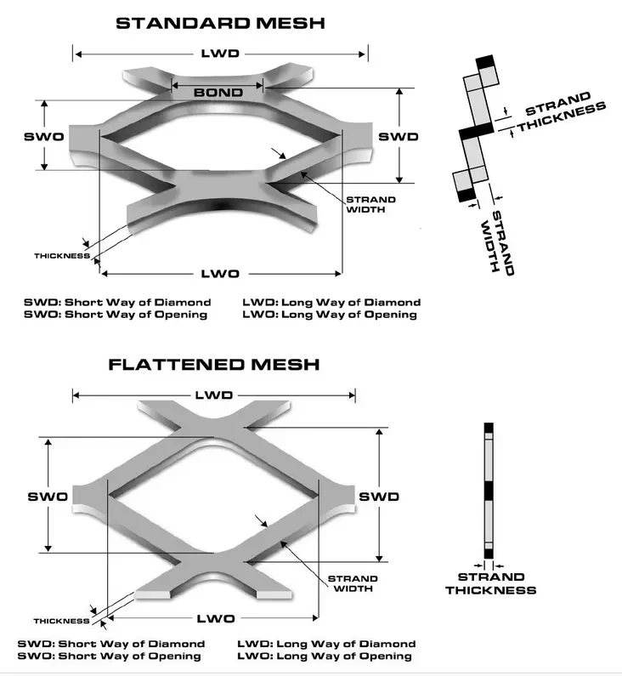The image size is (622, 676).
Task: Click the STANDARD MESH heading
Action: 220,23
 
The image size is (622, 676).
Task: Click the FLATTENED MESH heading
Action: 213,365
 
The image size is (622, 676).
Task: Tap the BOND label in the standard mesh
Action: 218,92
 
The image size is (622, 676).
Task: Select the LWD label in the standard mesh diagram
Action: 219,53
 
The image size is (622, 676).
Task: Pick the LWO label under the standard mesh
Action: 219,273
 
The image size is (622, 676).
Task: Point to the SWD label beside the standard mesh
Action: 399,137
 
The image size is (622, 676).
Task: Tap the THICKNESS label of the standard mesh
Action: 61,255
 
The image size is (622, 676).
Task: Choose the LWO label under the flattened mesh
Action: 216,618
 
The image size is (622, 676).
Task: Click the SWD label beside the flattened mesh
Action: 378,496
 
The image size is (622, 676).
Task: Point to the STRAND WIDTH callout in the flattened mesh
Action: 352,583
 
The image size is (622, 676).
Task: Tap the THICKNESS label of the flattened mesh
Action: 61,620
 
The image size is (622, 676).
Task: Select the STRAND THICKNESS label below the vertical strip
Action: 490,583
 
